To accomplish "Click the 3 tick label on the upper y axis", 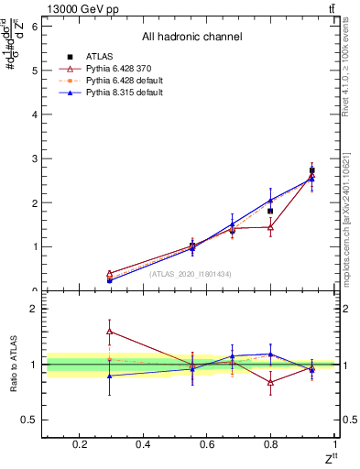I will click(x=35, y=158).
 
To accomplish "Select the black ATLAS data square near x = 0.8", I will click(x=270, y=211).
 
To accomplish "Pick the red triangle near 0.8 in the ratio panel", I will click(x=270, y=382).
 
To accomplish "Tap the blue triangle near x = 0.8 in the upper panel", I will click(x=270, y=200).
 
